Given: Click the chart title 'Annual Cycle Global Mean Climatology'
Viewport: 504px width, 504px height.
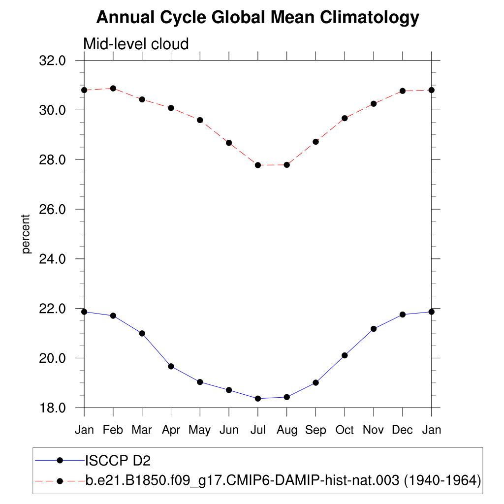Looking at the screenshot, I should point(257,18).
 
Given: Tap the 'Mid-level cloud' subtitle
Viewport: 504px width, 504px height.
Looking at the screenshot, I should point(136,44).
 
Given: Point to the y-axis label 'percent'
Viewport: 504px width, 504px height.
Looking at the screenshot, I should point(26,234).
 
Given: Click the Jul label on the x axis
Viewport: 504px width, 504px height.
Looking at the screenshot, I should point(257,430).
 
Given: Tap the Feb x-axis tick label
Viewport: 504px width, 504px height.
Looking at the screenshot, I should point(113,430).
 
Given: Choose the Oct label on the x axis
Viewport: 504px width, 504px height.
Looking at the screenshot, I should point(345,430).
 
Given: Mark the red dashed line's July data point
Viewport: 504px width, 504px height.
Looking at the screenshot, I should point(258,165).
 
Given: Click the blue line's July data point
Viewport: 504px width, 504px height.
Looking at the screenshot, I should point(258,399).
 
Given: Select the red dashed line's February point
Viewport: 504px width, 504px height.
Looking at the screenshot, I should point(113,89).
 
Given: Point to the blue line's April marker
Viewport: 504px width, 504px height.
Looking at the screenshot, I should point(171,366).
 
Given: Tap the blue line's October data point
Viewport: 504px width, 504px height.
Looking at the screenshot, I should point(345,355).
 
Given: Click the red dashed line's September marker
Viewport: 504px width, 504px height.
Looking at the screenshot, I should point(315,142).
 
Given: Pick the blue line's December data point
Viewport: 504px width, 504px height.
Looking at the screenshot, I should point(403,315).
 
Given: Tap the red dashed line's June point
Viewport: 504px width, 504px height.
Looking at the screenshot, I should point(229,143).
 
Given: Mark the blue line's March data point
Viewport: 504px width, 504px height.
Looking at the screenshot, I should point(142,333).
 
